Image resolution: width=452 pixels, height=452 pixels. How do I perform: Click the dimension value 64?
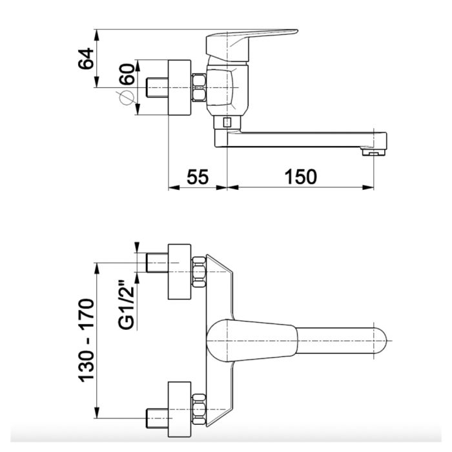click(86, 59)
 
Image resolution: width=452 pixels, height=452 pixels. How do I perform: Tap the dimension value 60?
click(127, 74)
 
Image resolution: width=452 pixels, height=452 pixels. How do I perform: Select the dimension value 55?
click(198, 177)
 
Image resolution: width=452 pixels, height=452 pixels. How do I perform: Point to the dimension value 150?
click(301, 177)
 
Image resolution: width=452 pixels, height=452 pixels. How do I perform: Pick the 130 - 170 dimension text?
click(86, 340)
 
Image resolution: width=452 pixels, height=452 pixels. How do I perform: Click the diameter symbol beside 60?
click(126, 98)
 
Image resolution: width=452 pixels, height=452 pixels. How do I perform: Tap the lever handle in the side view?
click(251, 45)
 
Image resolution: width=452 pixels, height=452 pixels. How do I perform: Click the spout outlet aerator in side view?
click(374, 152)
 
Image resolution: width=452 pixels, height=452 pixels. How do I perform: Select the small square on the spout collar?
click(227, 123)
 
